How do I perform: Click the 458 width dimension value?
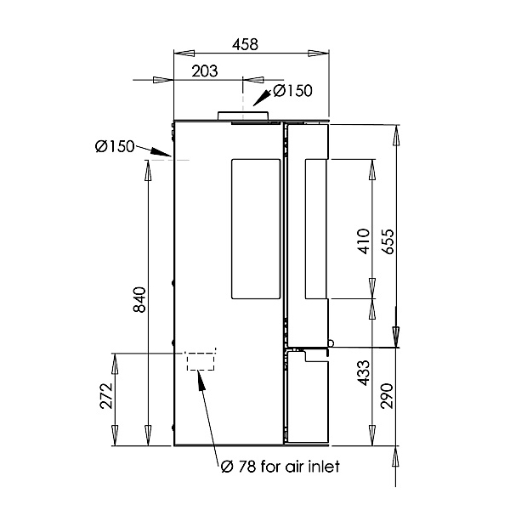[246, 44]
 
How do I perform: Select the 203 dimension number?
[205, 71]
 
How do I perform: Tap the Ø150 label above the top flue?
[292, 91]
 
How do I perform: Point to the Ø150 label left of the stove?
[115, 146]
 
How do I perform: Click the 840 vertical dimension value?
[140, 299]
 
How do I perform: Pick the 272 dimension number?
[106, 396]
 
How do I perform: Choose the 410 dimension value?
[364, 241]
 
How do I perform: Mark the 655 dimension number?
[388, 241]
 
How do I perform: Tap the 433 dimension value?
[364, 373]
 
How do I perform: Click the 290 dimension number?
[388, 396]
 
